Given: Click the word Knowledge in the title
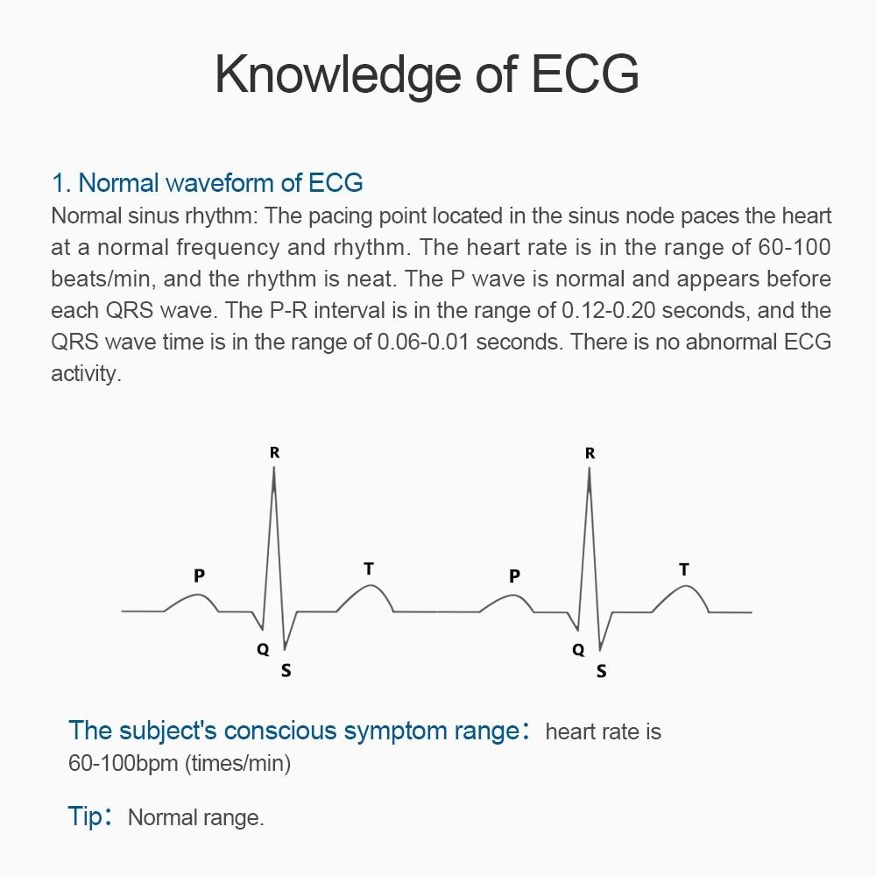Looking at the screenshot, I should pyautogui.click(x=337, y=74).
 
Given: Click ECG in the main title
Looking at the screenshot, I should pyautogui.click(x=584, y=74).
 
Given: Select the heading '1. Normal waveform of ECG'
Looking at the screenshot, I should pyautogui.click(x=208, y=183).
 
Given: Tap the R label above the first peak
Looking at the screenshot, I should pyautogui.click(x=274, y=453).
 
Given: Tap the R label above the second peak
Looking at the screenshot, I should pyautogui.click(x=590, y=453).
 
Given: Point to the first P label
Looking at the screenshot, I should pyautogui.click(x=200, y=576).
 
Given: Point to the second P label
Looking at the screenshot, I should pyautogui.click(x=514, y=576).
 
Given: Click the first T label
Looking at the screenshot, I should pyautogui.click(x=369, y=569).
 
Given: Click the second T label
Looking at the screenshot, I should pyautogui.click(x=684, y=569).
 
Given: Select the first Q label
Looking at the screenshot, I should pyautogui.click(x=263, y=650).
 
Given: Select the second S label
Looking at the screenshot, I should pyautogui.click(x=601, y=672).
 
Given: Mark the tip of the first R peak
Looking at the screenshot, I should pyautogui.click(x=274, y=469).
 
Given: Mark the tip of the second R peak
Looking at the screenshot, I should pyautogui.click(x=590, y=469).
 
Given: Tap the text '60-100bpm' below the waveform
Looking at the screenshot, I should pyautogui.click(x=124, y=763).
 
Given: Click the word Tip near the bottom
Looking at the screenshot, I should pyautogui.click(x=85, y=816).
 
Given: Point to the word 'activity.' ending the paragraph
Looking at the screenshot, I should pyautogui.click(x=85, y=374).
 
